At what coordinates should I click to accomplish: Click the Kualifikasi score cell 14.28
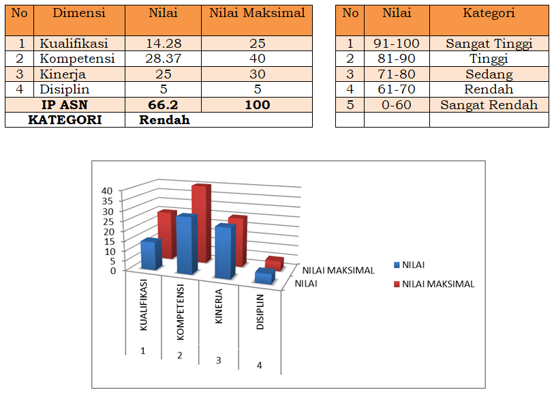pos(163,44)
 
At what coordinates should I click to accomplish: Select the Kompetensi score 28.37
pos(163,59)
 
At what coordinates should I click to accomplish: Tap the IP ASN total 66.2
pos(163,104)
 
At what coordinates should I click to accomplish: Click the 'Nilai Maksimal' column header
pos(257,14)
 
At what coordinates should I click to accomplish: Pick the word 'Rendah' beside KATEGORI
pos(164,119)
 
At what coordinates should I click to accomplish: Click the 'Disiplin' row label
pos(65,89)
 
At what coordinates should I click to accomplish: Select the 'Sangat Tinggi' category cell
pos(489,44)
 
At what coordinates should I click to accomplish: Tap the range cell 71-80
pos(396,74)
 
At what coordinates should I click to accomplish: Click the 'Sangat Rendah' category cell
pos(489,104)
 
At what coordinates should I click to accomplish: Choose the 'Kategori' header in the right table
pos(489,14)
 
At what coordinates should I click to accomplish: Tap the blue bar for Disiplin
pos(264,276)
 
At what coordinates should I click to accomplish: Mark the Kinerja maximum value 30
pos(257,74)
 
